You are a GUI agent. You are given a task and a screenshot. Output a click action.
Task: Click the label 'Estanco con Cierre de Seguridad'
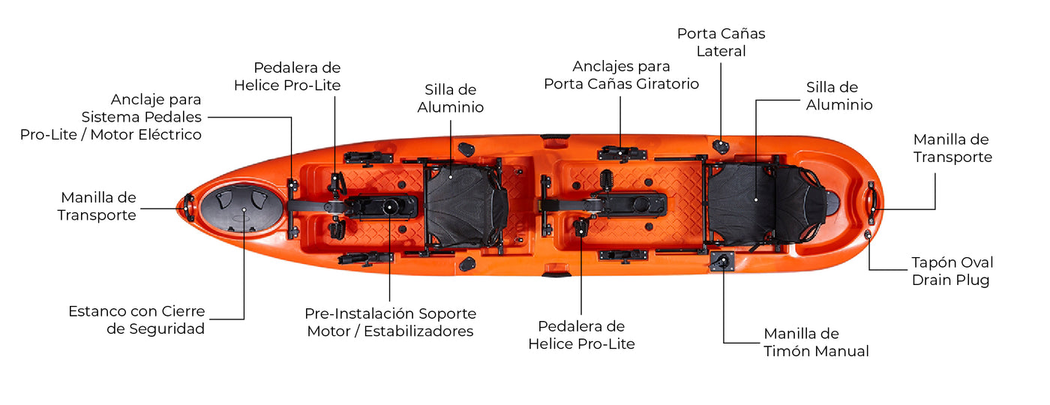pos(136,320)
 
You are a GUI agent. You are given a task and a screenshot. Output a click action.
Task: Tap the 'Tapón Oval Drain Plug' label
pos(952,271)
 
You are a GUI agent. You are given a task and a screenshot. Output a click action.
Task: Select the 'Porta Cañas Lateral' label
pos(721,42)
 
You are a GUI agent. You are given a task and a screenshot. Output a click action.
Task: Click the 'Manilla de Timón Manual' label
pos(816,342)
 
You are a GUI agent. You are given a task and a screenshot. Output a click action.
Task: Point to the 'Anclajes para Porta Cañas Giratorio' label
pos(621,75)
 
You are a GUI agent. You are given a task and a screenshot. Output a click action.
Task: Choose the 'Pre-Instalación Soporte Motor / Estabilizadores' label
pos(390,322)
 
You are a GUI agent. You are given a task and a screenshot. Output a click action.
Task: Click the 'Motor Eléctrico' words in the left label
pos(145,134)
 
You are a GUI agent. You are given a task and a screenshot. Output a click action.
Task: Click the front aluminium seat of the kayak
pos(464,206)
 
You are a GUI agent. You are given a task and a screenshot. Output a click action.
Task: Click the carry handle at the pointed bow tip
pos(188,207)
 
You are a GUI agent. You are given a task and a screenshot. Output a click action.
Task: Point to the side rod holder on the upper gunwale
pos(721,145)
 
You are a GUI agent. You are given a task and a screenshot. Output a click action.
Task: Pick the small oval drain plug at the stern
pos(868,234)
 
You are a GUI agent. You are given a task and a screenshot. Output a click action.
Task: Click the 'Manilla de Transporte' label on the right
pos(952,148)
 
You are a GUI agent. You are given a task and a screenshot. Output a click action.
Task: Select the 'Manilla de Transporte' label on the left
pos(97,206)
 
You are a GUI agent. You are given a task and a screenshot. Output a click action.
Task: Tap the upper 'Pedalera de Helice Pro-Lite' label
pos(287,76)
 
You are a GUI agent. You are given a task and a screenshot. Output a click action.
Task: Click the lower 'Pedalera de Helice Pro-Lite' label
pos(581,335)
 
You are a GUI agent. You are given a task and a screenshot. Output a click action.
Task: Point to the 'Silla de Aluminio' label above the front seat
pos(451,98)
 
